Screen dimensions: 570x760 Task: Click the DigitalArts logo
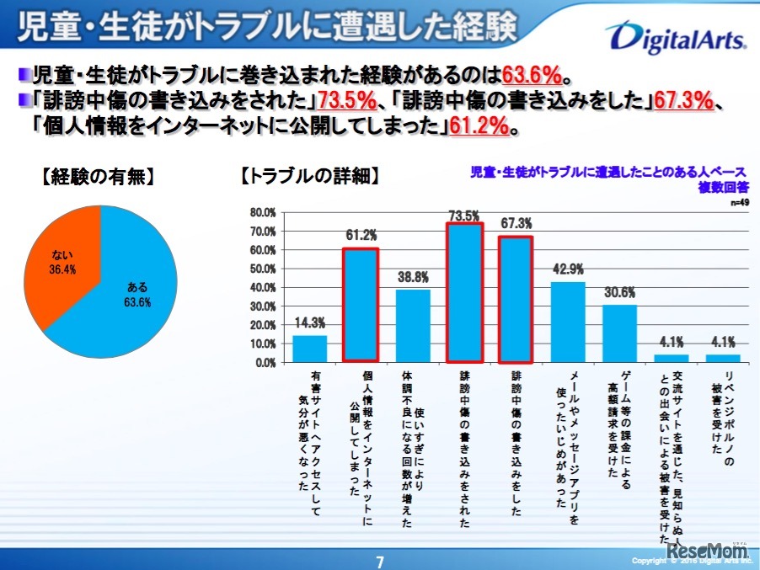pyautogui.click(x=674, y=36)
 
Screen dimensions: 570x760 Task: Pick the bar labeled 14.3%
pyautogui.click(x=309, y=349)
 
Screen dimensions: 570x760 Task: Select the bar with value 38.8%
pyautogui.click(x=413, y=325)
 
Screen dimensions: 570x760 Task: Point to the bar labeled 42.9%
pyautogui.click(x=568, y=322)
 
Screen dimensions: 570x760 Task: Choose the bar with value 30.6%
pyautogui.click(x=619, y=333)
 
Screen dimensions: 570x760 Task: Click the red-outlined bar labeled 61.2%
pyautogui.click(x=361, y=305)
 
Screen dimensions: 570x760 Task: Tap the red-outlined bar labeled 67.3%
pyautogui.click(x=516, y=299)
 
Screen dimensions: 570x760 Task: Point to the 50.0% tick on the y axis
pyautogui.click(x=263, y=269)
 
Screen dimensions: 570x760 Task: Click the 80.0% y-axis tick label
pyautogui.click(x=263, y=212)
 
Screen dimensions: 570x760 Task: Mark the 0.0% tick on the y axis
pyautogui.click(x=265, y=363)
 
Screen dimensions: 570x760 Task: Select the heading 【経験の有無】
pyautogui.click(x=98, y=178)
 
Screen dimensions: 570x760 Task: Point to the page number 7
pyautogui.click(x=380, y=561)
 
